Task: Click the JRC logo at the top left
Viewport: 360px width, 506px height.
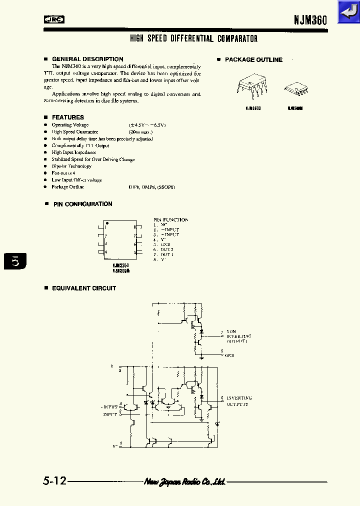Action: pyautogui.click(x=54, y=20)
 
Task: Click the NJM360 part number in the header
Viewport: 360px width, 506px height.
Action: pyautogui.click(x=310, y=20)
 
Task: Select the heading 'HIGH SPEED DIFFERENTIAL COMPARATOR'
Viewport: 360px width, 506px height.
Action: pyautogui.click(x=193, y=38)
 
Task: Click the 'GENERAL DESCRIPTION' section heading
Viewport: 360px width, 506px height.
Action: pyautogui.click(x=87, y=59)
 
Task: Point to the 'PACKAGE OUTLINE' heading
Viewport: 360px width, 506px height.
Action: pyautogui.click(x=253, y=59)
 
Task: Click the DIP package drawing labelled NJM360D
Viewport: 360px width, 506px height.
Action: pyautogui.click(x=251, y=88)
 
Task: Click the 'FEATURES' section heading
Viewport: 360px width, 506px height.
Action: pyautogui.click(x=67, y=117)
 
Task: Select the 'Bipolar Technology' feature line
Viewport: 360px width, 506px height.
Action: pyautogui.click(x=71, y=166)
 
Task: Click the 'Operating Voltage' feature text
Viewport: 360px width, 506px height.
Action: pyautogui.click(x=70, y=125)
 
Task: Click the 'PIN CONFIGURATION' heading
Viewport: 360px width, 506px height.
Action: pyautogui.click(x=82, y=204)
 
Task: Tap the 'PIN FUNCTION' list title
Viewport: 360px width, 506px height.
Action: pyautogui.click(x=170, y=219)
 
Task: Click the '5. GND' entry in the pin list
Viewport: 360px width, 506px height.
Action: pyautogui.click(x=162, y=244)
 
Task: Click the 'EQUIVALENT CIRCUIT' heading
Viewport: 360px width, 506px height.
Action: pyautogui.click(x=83, y=288)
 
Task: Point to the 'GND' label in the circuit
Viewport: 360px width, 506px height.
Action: pyautogui.click(x=229, y=355)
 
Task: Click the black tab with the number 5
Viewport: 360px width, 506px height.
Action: pyautogui.click(x=14, y=261)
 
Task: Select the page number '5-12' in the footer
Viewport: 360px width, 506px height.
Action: pyautogui.click(x=54, y=481)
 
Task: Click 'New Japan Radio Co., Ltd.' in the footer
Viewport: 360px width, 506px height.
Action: pyautogui.click(x=185, y=481)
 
